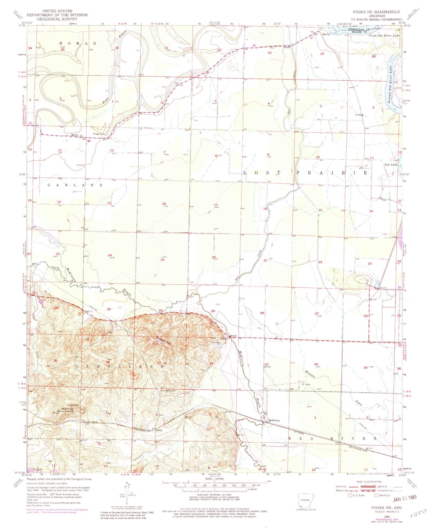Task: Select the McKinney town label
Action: click(274, 420)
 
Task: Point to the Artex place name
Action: click(159, 430)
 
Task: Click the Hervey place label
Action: click(326, 34)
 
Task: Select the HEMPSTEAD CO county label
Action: click(358, 30)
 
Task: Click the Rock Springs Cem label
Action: click(169, 391)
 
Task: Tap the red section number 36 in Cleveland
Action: click(108, 362)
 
